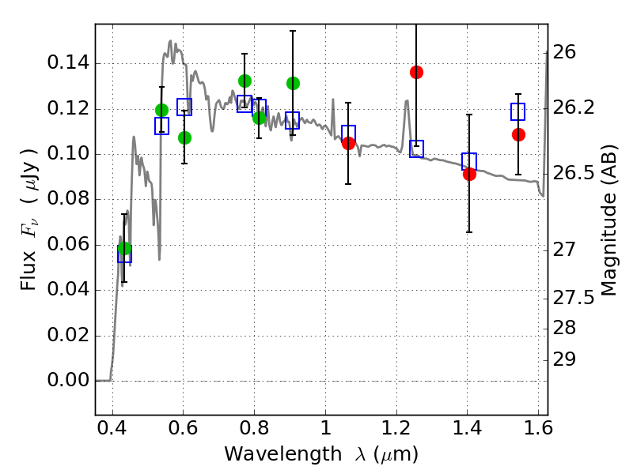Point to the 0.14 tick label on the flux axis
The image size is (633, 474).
69,63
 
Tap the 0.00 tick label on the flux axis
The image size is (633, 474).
69,381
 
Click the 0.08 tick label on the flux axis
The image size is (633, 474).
69,200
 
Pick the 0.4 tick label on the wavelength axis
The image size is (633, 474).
112,432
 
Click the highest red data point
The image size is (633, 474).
416,72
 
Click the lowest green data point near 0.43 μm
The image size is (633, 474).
124,249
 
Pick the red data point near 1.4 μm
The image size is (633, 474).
469,174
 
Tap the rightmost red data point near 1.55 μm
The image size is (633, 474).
518,134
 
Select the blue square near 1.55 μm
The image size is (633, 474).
518,111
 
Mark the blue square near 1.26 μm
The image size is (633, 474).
416,149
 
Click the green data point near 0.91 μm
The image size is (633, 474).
293,83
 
